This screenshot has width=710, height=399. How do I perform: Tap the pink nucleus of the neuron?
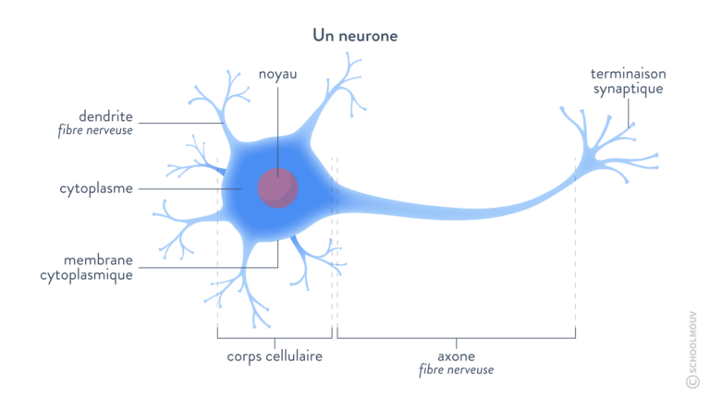click(x=278, y=187)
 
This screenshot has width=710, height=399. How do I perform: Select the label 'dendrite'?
click(x=109, y=117)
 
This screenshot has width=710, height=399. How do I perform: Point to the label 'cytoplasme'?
click(x=97, y=188)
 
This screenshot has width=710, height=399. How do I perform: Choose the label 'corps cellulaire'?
click(x=274, y=356)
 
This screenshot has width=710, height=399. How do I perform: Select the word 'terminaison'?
click(x=629, y=73)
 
